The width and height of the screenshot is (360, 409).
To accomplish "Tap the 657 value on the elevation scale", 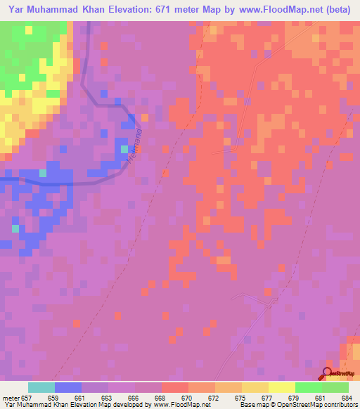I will click(27, 398).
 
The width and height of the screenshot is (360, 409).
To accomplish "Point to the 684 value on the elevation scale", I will click(345, 398).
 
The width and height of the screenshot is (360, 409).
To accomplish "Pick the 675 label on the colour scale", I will click(239, 398).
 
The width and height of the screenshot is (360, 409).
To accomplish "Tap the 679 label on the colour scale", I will click(292, 398).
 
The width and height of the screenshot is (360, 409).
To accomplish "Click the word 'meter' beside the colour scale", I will click(10, 398).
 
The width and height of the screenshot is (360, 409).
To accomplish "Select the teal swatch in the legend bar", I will click(41, 387).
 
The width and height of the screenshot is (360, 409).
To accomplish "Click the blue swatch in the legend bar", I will click(68, 387).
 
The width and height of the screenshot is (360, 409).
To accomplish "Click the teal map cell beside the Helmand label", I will click(124, 148).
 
